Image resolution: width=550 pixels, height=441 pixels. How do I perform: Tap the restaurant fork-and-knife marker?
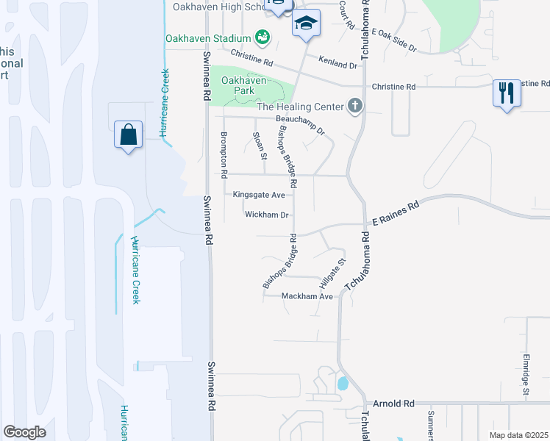coord(506,93)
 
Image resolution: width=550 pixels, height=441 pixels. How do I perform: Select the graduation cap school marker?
coord(306,24)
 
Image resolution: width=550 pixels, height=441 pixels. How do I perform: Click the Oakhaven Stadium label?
coord(208,37)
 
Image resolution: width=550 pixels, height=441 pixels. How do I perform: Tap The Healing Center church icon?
coord(355,107)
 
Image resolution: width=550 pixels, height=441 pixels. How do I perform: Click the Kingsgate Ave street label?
coord(258,195)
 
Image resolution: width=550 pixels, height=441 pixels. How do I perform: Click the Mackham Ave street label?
coord(308,296)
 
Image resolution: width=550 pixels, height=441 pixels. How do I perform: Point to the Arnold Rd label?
coord(394,404)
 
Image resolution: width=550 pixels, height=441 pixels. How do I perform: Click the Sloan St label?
coord(260,146)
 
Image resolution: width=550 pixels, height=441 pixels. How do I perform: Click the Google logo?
coord(25,431)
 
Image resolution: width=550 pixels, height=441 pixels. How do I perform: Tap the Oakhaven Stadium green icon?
coord(262,37)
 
